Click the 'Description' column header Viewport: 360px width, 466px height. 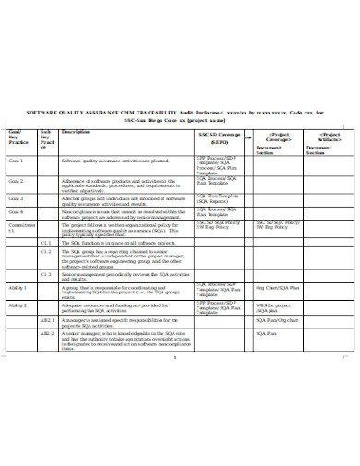(75, 133)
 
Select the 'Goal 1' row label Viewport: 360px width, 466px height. (16, 161)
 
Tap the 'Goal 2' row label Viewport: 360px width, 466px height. (16, 181)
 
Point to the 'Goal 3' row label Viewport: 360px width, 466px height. (16, 198)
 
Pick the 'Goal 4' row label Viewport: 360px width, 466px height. (16, 212)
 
